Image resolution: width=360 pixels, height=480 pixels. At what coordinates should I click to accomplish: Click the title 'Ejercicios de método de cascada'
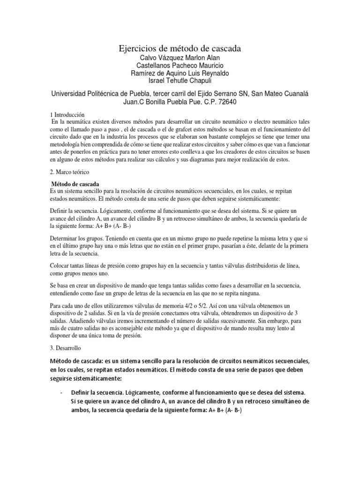[x=180, y=49]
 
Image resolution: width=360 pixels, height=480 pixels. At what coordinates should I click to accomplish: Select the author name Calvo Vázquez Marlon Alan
[x=180, y=58]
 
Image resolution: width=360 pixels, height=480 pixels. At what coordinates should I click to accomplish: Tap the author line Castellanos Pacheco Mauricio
[x=180, y=66]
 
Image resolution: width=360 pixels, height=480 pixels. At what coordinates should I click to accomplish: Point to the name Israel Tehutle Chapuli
[x=180, y=82]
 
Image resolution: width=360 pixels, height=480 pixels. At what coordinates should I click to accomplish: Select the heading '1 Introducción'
[x=67, y=114]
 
